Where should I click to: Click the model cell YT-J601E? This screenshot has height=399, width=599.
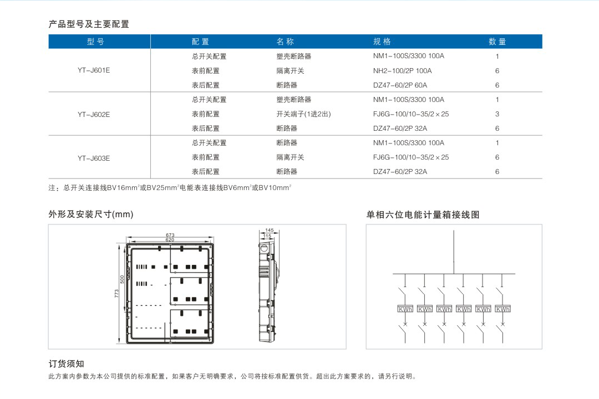pos(94,70)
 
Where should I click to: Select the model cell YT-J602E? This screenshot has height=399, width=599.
pos(94,114)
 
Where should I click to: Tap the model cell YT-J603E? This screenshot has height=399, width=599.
pos(94,158)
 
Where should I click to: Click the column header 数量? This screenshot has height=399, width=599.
pos(497,42)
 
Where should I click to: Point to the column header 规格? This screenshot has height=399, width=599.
pos(382,42)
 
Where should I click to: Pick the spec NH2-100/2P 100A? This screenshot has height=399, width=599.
pos(402,70)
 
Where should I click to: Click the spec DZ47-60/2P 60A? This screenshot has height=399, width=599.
pos(400,85)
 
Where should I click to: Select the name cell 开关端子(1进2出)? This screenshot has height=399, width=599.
pos(303,114)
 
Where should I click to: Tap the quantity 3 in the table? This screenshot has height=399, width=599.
pos(497,114)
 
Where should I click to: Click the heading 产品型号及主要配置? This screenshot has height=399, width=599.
pos(89,24)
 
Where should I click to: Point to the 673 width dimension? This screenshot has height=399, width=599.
pos(170,235)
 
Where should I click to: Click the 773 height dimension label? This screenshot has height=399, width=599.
pos(116,294)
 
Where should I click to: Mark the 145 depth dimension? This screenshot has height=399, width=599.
pos(270,230)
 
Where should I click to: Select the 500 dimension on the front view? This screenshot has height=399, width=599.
pos(122,279)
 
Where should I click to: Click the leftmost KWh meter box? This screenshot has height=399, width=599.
pos(405,309)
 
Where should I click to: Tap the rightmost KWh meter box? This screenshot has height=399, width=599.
pos(502,309)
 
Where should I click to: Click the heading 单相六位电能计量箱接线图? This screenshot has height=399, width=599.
pos(423,214)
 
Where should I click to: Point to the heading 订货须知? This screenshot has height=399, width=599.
pos(66,364)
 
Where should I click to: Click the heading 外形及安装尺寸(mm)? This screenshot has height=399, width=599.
pos(91,214)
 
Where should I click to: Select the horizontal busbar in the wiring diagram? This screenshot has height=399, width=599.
pos(454,274)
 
